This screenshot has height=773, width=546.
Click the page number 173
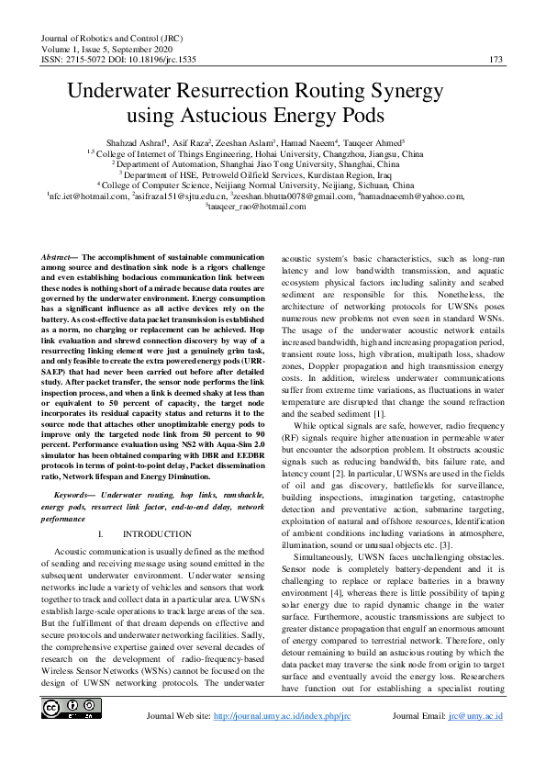[496, 60]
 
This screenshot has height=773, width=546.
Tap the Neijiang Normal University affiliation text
[313, 185]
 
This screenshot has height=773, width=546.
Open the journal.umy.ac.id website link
[282, 742]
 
